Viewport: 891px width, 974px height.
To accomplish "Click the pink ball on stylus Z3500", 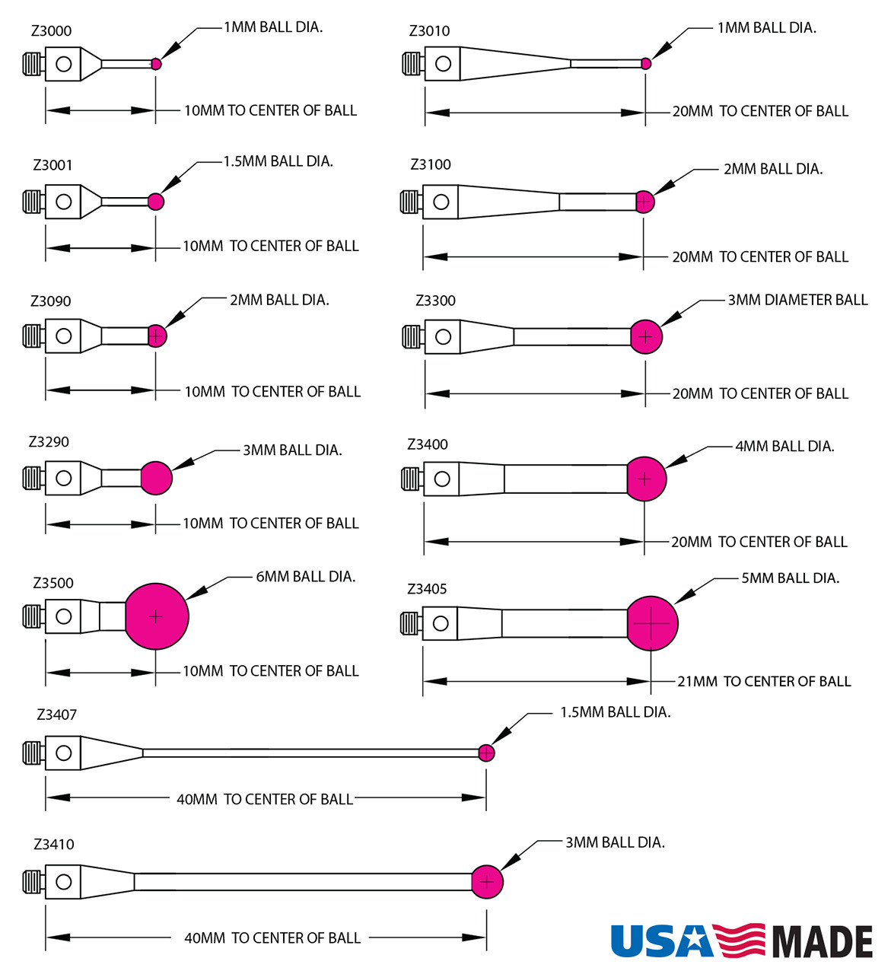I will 156,616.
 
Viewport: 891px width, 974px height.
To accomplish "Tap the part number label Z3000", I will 52,31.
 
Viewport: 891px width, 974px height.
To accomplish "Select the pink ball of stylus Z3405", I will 651,623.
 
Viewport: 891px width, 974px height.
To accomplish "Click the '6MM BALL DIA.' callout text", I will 306,577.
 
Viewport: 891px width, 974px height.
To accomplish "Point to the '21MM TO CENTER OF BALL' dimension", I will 764,681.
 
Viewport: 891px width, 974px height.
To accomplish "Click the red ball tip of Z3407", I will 486,753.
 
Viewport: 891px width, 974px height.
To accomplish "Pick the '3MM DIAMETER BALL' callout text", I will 797,300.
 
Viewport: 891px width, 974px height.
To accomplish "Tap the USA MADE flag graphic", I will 739,941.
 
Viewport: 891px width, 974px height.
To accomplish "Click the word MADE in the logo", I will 823,942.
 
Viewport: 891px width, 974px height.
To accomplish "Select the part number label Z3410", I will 54,844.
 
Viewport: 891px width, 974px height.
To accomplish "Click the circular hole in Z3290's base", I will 64,478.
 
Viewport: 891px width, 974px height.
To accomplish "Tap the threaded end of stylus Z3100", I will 411,202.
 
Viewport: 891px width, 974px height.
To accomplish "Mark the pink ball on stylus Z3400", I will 645,479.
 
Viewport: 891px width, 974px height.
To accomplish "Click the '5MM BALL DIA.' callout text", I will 791,578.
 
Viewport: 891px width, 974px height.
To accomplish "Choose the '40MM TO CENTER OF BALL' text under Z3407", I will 265,799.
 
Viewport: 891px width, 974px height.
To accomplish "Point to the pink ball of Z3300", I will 646,336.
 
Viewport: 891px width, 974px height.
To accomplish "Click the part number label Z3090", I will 51,301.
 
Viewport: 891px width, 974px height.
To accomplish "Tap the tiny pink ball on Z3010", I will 646,64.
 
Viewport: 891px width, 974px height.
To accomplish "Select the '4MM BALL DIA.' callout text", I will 784,447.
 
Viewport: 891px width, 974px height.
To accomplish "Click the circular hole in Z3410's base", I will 64,881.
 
